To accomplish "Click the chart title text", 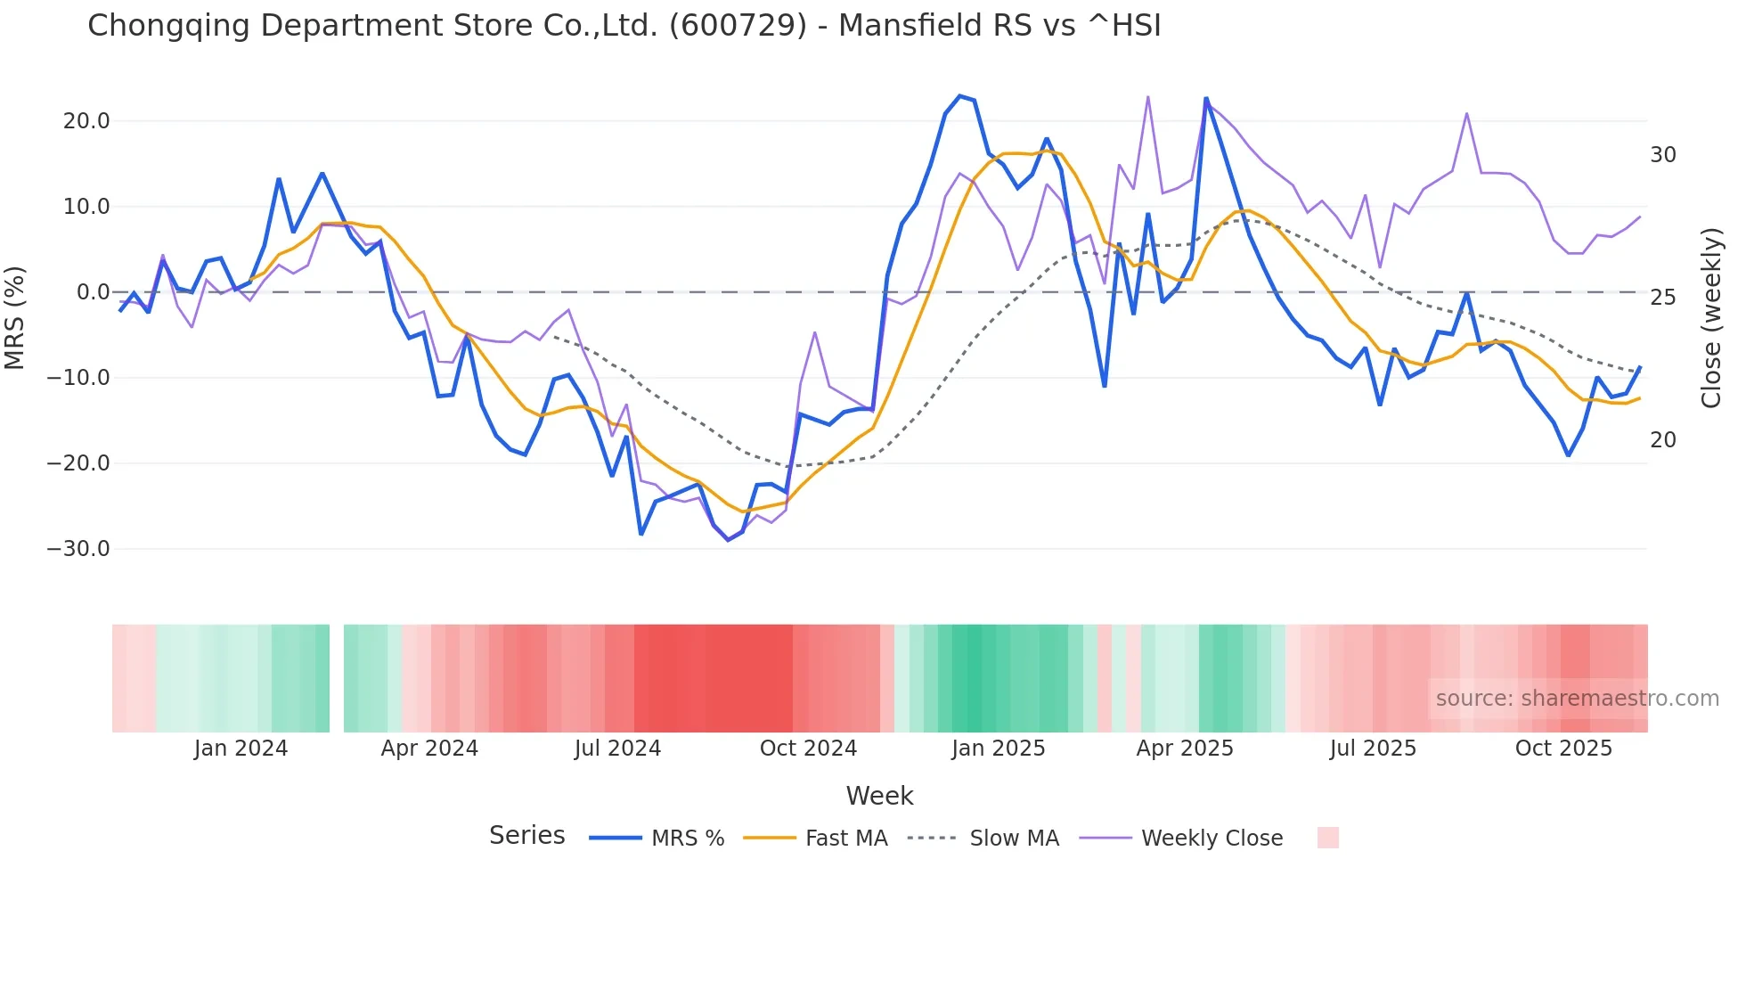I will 624,26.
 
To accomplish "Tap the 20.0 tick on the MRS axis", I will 86,121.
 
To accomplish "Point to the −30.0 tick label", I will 78,549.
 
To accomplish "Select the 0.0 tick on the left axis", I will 93,292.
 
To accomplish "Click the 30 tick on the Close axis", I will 1662,155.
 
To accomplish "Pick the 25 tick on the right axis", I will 1662,298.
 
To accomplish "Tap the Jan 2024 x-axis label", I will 241,749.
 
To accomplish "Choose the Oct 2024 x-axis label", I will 808,749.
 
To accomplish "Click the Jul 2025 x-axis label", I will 1373,749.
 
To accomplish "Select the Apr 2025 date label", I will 1185,749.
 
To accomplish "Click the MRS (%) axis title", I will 15,317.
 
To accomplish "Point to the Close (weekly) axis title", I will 1710,318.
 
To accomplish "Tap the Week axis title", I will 879,796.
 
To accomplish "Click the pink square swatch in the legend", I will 1327,838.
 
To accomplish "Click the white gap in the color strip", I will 337,678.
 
